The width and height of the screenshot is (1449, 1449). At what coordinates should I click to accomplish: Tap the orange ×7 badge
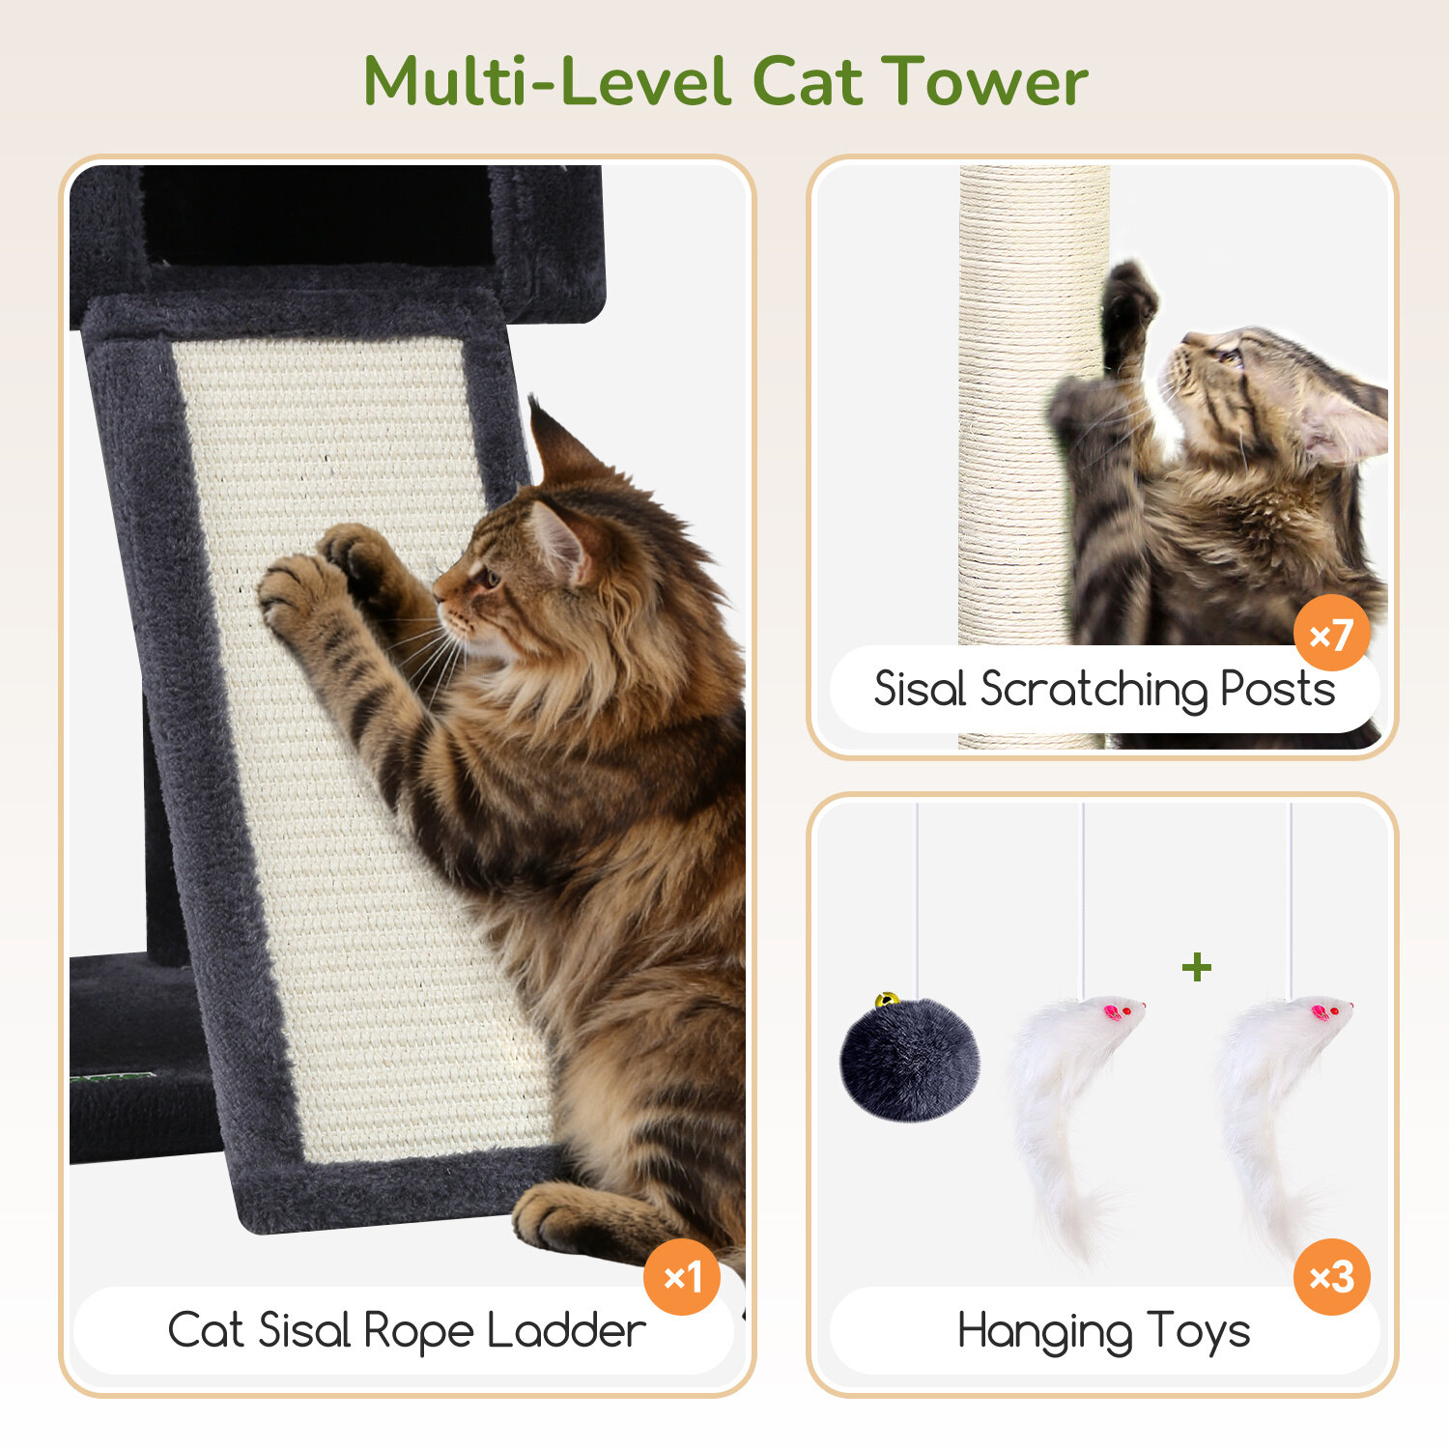(1332, 634)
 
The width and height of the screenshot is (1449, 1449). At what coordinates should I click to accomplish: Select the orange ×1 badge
(682, 1276)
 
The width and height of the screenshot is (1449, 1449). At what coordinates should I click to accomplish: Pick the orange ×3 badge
(1332, 1276)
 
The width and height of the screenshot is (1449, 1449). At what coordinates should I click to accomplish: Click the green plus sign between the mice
(1197, 966)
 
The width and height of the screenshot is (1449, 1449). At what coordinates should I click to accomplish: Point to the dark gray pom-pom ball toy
(910, 1059)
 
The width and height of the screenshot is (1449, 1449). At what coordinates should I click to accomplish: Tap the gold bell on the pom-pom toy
(887, 1000)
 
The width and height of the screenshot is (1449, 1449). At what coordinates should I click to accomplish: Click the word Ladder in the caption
(566, 1330)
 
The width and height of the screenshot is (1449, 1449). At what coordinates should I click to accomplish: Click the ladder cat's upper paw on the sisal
(359, 555)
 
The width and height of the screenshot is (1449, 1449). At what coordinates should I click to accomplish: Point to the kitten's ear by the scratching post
(1343, 425)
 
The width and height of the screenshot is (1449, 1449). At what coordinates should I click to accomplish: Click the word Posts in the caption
(1277, 689)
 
